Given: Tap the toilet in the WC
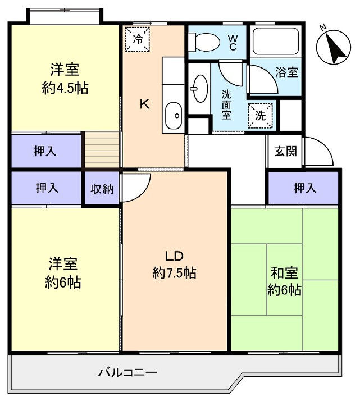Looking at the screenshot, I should point(205,41).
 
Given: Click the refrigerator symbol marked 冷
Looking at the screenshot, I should point(138,39).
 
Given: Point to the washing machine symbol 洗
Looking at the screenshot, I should point(261,115).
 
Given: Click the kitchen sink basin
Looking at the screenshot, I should point(174,116).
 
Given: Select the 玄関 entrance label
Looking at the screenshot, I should point(285,152).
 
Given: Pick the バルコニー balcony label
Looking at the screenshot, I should point(127,372).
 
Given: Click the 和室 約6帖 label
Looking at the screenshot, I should point(284,282).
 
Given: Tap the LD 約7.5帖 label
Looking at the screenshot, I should point(174,265).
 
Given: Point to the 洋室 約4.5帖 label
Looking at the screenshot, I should point(64,79).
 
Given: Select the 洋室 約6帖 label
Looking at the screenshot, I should point(63,273).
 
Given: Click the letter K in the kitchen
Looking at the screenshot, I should point(144,104).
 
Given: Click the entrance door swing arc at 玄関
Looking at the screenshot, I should point(317,153).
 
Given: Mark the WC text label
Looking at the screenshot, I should point(232,43).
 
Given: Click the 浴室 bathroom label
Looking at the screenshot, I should point(286,72).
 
